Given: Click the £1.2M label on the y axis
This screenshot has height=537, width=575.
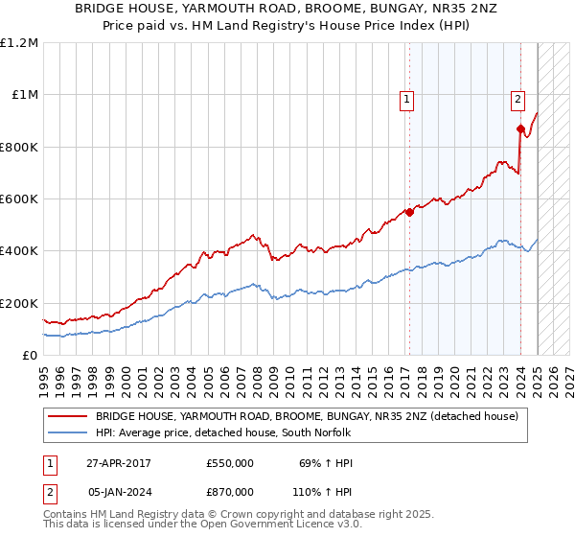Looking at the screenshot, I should (18, 43).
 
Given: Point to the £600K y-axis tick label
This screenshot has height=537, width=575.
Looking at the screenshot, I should (19, 199).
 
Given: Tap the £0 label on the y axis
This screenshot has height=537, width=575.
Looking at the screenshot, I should (29, 356).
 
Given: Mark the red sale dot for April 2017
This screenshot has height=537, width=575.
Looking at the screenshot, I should (409, 212).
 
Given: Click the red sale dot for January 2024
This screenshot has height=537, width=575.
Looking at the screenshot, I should (519, 128).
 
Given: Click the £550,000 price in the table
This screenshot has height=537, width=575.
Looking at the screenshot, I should (230, 463).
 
